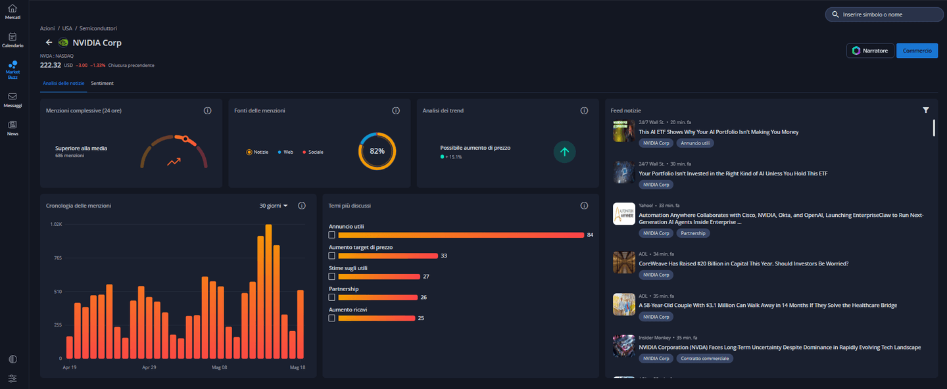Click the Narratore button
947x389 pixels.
click(870, 51)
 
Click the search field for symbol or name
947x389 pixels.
click(885, 14)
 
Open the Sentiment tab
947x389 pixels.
click(103, 83)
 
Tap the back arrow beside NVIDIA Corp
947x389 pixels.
click(49, 42)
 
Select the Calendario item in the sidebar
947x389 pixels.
click(12, 40)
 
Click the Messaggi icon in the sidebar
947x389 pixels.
click(12, 97)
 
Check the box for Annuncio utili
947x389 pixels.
click(332, 235)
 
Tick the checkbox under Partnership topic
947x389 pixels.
click(332, 298)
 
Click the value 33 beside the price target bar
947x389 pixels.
click(444, 256)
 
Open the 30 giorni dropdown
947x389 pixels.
click(274, 206)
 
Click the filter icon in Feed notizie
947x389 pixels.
click(926, 110)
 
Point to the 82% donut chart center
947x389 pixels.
click(377, 151)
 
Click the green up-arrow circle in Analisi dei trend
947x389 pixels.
click(564, 152)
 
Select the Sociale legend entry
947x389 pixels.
click(313, 152)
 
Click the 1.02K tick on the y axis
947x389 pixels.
click(57, 224)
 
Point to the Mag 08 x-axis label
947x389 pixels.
click(220, 367)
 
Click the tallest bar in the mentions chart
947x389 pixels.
click(268, 292)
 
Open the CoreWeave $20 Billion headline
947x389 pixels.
click(744, 263)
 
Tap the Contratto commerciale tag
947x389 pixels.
click(705, 359)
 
